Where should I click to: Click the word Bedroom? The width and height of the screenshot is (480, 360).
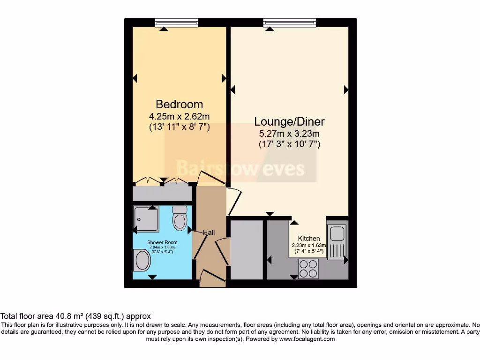[x=179, y=104]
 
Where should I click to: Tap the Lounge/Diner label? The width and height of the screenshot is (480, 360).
[x=289, y=122]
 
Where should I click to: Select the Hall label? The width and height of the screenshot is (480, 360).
[x=209, y=232]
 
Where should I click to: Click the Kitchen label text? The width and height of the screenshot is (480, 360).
[x=309, y=239]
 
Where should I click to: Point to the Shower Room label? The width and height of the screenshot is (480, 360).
[x=149, y=242]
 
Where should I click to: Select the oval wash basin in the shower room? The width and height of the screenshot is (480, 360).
[x=142, y=260]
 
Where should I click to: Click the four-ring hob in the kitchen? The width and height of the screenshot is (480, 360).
[x=308, y=269]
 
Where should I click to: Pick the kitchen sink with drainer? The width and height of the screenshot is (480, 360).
[x=336, y=242]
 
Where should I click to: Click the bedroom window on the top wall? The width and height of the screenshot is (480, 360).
[x=176, y=22]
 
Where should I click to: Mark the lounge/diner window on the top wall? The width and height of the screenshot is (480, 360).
[x=285, y=22]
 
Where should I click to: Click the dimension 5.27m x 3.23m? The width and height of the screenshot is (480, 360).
[x=289, y=134]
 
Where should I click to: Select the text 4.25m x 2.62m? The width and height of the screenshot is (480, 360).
[x=179, y=116]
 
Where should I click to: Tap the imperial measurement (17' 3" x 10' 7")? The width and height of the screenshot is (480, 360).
[x=289, y=144]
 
